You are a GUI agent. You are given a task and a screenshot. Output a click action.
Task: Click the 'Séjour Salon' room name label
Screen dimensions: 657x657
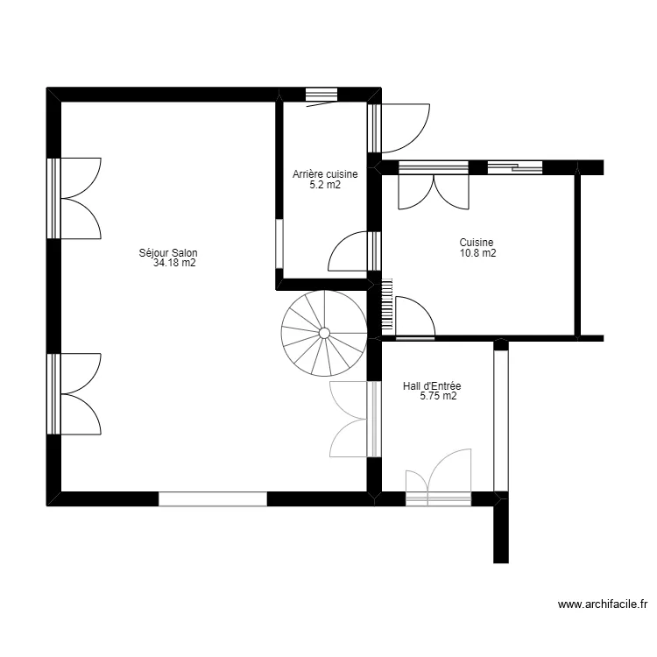[x=168, y=252]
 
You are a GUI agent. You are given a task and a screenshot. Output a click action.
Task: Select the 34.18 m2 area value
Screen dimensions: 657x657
[x=173, y=263]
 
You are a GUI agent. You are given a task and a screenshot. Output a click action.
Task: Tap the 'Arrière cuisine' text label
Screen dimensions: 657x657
[x=325, y=174]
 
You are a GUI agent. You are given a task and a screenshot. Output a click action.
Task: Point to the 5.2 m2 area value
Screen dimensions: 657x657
[x=325, y=185]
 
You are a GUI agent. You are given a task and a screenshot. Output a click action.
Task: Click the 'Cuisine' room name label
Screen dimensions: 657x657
[x=477, y=243]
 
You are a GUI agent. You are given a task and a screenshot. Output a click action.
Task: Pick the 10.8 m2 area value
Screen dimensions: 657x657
[x=477, y=253]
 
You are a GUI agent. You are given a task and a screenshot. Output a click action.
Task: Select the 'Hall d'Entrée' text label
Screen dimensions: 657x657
[x=432, y=385]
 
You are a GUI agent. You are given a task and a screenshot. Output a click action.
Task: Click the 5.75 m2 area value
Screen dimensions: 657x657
[x=438, y=396]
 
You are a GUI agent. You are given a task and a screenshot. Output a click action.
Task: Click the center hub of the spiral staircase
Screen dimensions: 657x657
[x=324, y=333]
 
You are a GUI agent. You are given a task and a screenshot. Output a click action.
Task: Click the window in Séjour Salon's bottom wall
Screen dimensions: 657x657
[x=212, y=498]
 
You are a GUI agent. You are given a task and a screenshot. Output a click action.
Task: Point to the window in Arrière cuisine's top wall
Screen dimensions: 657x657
[x=321, y=95]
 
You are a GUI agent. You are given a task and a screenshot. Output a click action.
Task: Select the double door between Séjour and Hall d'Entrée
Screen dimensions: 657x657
[x=352, y=420]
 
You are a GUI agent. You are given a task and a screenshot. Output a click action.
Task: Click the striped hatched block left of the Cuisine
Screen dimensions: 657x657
[x=386, y=304]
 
